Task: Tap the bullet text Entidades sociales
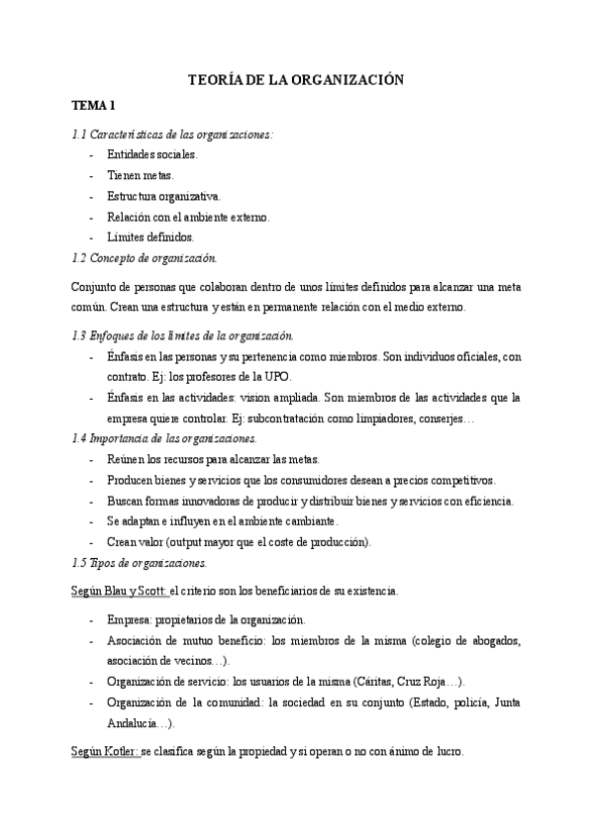point(152,154)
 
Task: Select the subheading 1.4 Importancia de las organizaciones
point(165,438)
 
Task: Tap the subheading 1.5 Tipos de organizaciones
point(140,562)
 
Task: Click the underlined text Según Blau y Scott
point(120,591)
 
